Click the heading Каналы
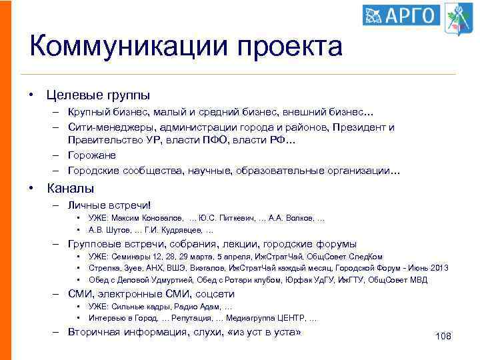70,189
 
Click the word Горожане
92,155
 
